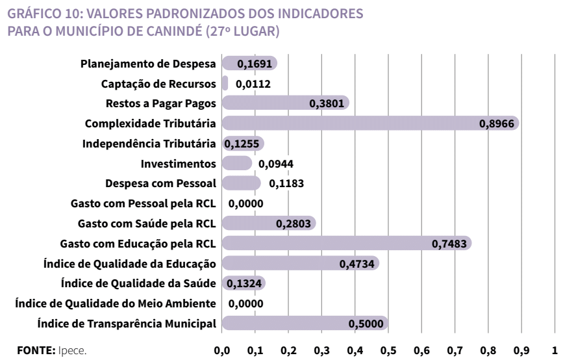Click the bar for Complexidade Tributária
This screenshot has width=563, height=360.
tap(370, 123)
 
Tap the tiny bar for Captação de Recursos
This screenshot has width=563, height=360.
tap(225, 83)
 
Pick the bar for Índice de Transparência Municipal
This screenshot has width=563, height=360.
tap(305, 323)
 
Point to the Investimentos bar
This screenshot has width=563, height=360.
tap(236, 163)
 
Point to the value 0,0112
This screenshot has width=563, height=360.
tap(253, 84)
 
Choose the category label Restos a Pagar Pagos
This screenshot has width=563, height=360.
tap(161, 103)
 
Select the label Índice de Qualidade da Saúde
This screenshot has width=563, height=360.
tap(138, 283)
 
